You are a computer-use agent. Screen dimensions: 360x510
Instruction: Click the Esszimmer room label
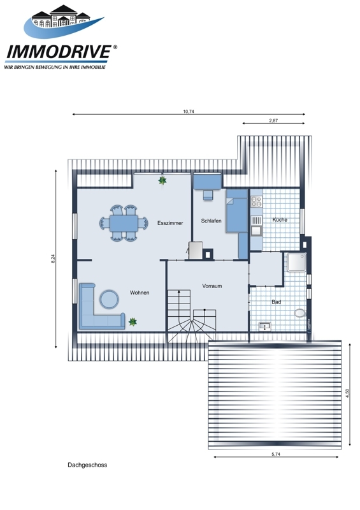coord(170,223)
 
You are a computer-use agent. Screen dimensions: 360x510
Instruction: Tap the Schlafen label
coord(211,221)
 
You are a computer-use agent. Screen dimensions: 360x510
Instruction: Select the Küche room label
coord(280,219)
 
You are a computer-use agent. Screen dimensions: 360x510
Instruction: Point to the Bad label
coord(276,302)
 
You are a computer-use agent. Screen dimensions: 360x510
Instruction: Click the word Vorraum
coord(212,286)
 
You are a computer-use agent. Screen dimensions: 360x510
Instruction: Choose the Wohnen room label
coord(140,293)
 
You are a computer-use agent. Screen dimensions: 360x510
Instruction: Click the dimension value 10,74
coord(189,112)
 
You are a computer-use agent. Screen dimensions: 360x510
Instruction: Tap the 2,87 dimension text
coord(273,120)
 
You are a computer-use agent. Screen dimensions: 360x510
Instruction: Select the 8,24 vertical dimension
coord(53,258)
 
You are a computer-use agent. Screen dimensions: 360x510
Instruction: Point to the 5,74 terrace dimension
coord(276,455)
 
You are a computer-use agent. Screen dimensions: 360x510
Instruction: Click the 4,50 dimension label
coord(348,393)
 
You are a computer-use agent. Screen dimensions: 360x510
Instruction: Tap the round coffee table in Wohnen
coord(109,299)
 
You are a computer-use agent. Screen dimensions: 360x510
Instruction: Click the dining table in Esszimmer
coord(124,223)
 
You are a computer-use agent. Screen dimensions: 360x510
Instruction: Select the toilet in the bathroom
coord(300,313)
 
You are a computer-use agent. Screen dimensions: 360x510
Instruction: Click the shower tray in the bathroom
coord(296,262)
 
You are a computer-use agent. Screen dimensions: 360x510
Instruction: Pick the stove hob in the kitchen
coord(256,201)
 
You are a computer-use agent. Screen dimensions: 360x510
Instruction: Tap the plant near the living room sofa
coord(133,322)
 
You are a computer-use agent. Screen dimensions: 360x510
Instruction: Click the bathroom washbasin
coord(264,326)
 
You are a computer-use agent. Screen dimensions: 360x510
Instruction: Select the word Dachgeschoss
coord(87,465)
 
